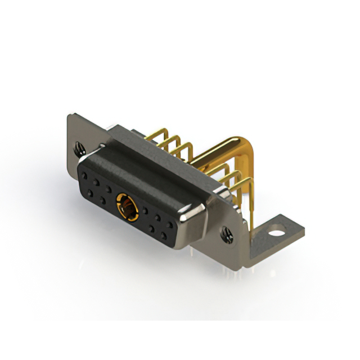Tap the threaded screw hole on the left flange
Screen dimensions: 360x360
79,149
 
